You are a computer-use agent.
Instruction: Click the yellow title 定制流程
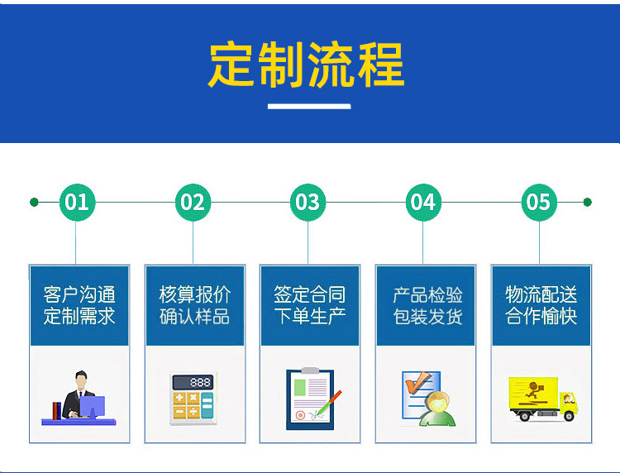(x=307, y=64)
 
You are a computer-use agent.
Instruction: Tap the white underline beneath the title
(x=309, y=106)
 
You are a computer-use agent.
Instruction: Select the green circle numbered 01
(x=77, y=202)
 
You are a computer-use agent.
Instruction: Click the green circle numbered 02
(x=193, y=202)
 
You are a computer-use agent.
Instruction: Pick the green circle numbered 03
(x=308, y=202)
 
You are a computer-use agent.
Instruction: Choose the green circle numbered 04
(x=422, y=202)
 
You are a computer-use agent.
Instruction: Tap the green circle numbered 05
(x=538, y=202)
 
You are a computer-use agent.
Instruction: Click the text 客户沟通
(x=79, y=294)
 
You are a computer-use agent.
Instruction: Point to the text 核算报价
(x=194, y=294)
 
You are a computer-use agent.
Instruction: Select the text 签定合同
(x=309, y=294)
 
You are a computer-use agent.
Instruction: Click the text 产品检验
(x=427, y=294)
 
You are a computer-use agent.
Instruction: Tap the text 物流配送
(x=541, y=294)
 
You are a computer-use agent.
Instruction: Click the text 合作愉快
(x=541, y=316)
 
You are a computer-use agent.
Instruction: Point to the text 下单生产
(x=309, y=316)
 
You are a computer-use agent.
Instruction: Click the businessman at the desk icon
(x=78, y=398)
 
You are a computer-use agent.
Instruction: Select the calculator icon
(x=193, y=399)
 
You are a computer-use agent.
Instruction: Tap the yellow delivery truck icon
(x=541, y=399)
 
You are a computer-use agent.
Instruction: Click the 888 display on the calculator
(x=199, y=382)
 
